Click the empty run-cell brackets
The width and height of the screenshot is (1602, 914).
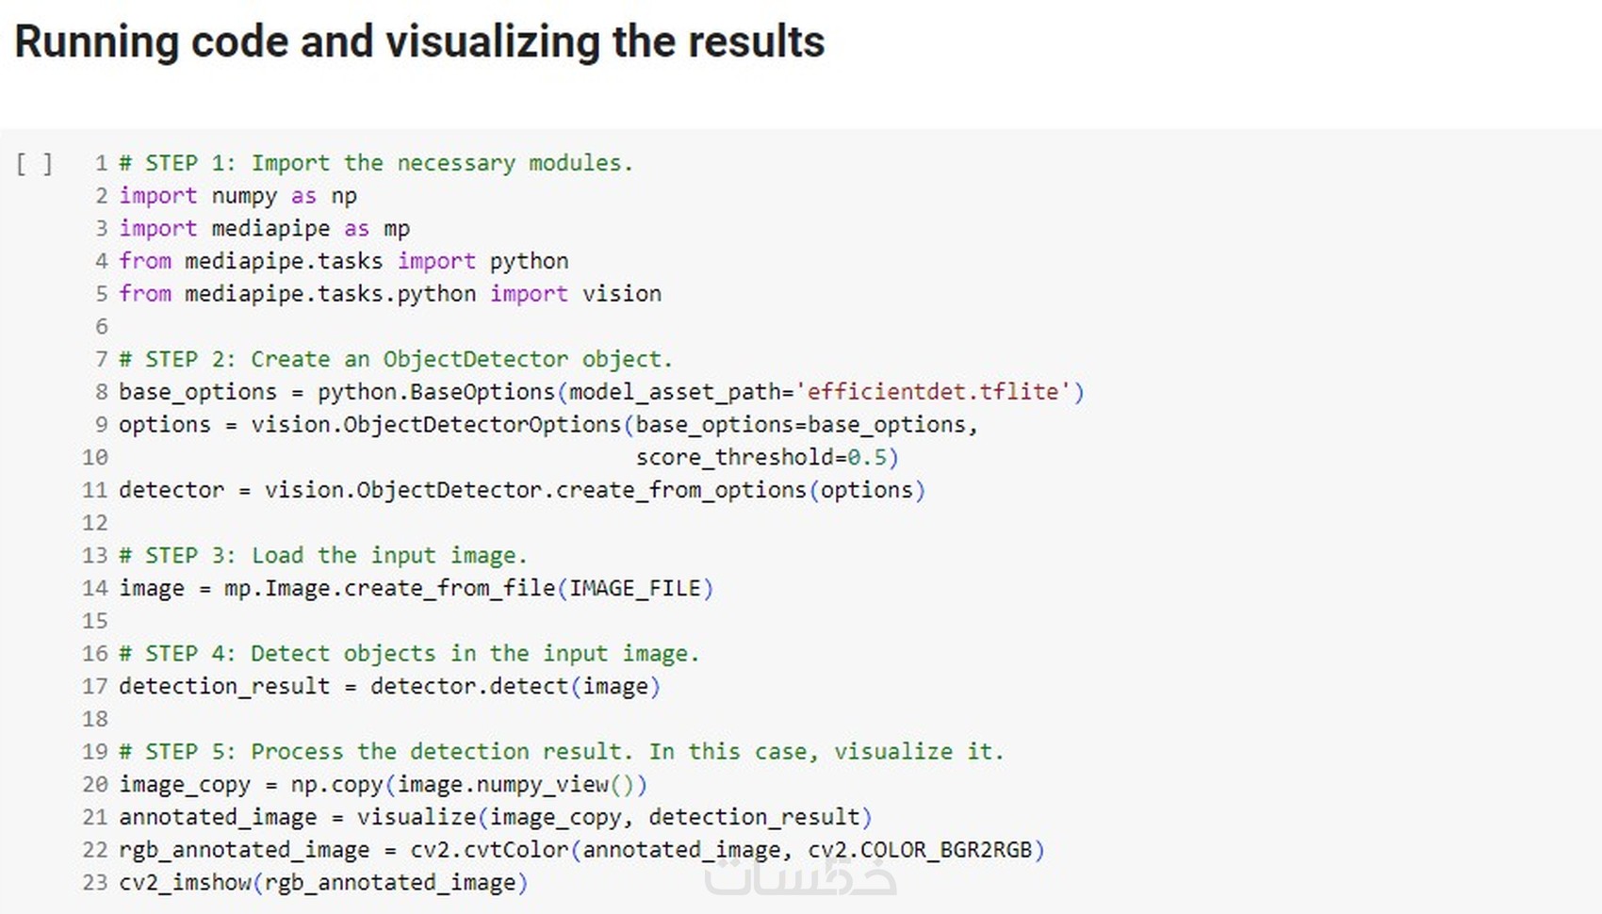(x=34, y=165)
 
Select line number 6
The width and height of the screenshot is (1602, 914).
(x=102, y=327)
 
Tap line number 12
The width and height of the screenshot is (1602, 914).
(x=95, y=523)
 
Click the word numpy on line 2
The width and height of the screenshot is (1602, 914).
(x=244, y=197)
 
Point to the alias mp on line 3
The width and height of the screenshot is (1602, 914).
(x=397, y=230)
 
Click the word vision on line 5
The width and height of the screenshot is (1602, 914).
(x=622, y=294)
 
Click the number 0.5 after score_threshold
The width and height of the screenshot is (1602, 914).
(x=868, y=457)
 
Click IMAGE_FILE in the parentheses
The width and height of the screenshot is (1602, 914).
(x=634, y=589)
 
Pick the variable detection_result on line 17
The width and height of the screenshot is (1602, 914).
(x=224, y=687)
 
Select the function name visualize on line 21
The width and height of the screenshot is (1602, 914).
(x=417, y=818)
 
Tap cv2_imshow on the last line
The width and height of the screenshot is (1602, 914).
(x=186, y=883)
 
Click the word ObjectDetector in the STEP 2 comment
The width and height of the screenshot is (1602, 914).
(x=476, y=359)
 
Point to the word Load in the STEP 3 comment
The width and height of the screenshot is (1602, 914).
(x=277, y=556)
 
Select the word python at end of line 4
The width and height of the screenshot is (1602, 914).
(x=530, y=262)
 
